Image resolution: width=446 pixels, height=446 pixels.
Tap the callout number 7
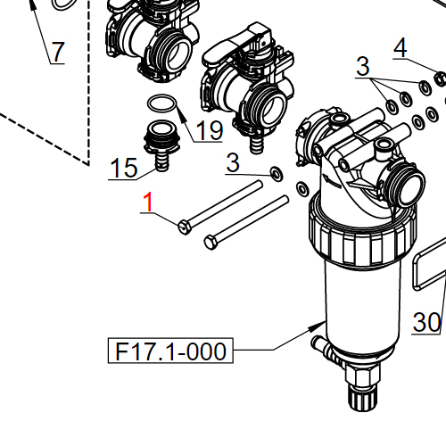pyautogui.click(x=57, y=53)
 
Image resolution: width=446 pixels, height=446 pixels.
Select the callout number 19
pyautogui.click(x=208, y=131)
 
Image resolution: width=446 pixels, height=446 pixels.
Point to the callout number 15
pyautogui.click(x=123, y=167)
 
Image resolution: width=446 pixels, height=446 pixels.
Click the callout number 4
pyautogui.click(x=401, y=47)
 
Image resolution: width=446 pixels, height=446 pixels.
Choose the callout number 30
pyautogui.click(x=428, y=321)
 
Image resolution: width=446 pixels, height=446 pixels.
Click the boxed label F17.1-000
pyautogui.click(x=168, y=351)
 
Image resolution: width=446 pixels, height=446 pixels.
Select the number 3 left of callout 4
pyautogui.click(x=362, y=66)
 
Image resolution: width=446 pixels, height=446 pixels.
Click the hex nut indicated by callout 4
pyautogui.click(x=439, y=81)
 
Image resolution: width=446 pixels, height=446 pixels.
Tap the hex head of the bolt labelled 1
pyautogui.click(x=184, y=227)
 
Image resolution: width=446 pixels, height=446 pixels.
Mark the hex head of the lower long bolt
pyautogui.click(x=211, y=242)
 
